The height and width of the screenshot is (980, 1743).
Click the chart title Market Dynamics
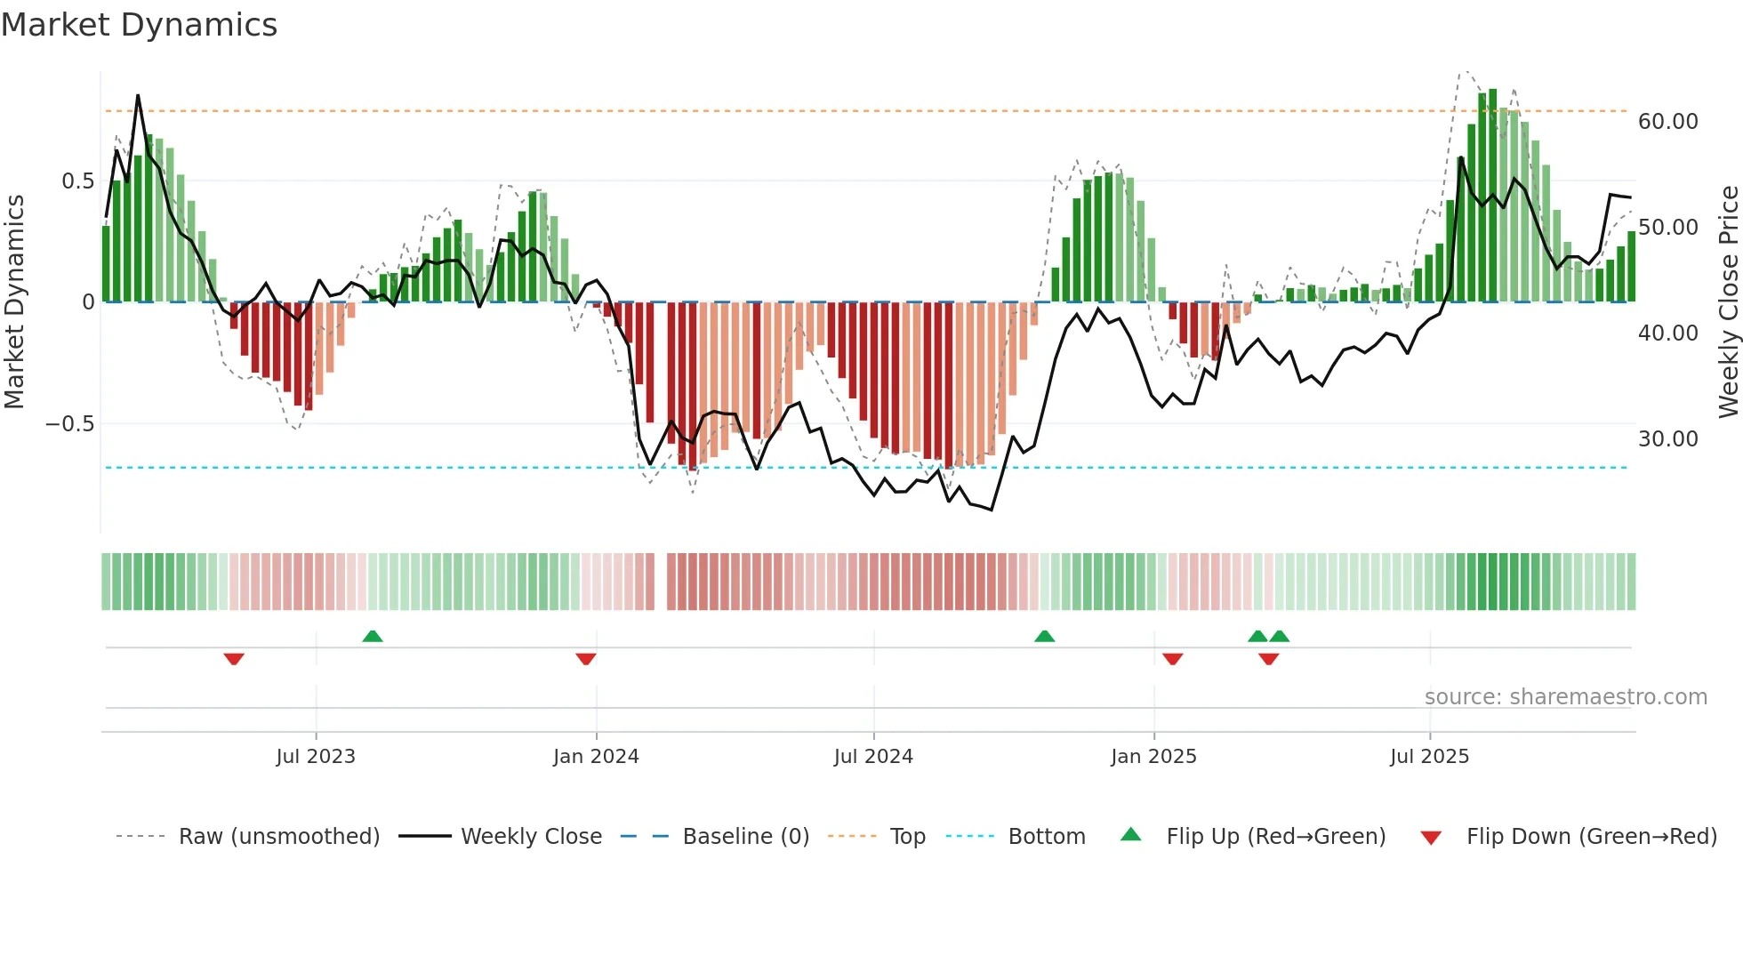tap(140, 25)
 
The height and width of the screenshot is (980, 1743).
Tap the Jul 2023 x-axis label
tap(316, 757)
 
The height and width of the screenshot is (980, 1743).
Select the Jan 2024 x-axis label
tap(596, 757)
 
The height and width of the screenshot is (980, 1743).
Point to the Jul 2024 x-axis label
tap(873, 757)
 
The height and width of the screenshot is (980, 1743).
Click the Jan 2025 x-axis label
tap(1153, 757)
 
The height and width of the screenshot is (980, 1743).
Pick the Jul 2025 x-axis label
tap(1430, 757)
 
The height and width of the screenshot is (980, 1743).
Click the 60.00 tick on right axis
tap(1667, 122)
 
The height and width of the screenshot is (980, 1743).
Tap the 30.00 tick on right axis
tap(1667, 439)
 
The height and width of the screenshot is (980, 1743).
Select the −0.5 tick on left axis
tap(69, 424)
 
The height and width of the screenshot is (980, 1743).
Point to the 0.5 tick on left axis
tap(77, 181)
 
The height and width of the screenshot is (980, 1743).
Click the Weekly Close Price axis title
tap(1728, 302)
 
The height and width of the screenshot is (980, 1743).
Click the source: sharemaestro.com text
tap(1565, 697)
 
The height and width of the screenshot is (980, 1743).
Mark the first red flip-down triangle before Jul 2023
tap(234, 659)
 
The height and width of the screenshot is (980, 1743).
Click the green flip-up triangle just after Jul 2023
tap(373, 636)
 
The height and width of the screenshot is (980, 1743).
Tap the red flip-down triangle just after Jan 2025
tap(1172, 659)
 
